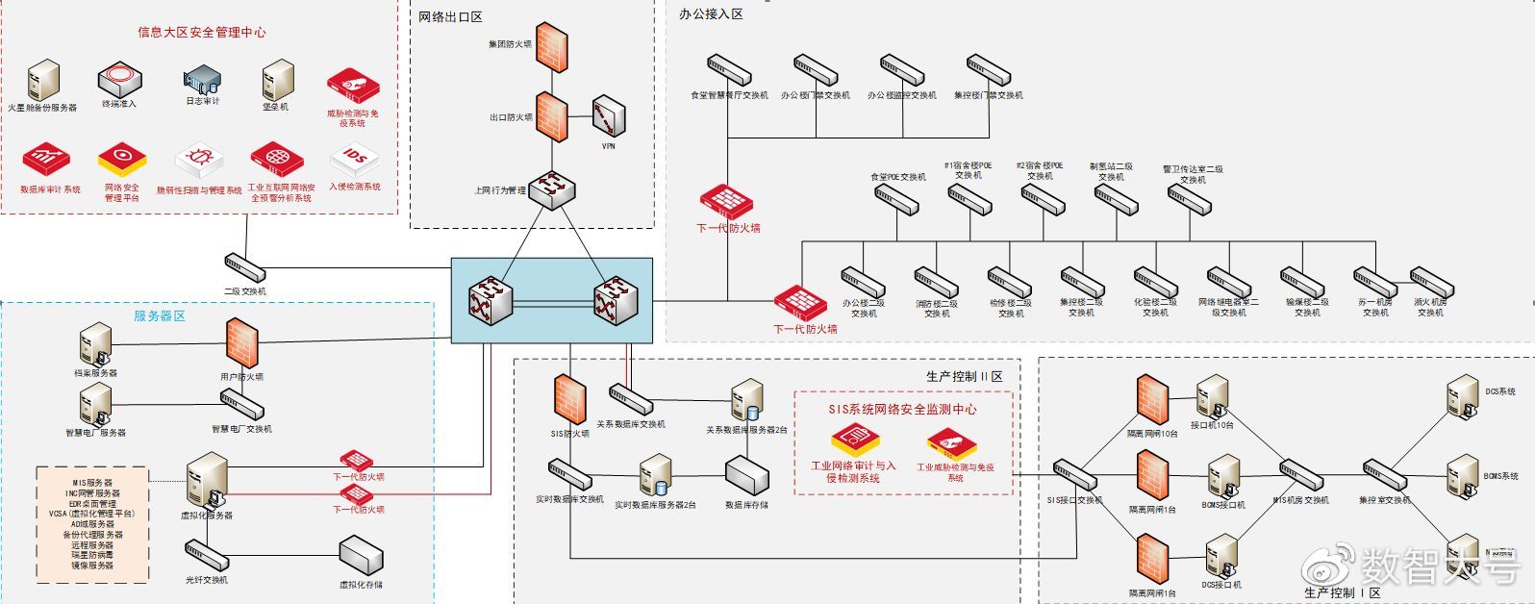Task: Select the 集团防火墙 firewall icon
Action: point(552,44)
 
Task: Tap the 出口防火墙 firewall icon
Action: point(552,117)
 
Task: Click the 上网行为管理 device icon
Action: point(552,189)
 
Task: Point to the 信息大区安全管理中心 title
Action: point(201,32)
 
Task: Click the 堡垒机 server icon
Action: point(277,80)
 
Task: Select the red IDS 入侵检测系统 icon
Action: point(355,160)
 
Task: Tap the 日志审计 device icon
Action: point(203,80)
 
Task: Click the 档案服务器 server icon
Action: point(95,344)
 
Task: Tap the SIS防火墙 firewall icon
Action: point(570,400)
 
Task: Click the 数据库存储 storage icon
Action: point(746,475)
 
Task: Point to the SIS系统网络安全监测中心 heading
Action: point(902,409)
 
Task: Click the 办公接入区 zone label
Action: point(711,14)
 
